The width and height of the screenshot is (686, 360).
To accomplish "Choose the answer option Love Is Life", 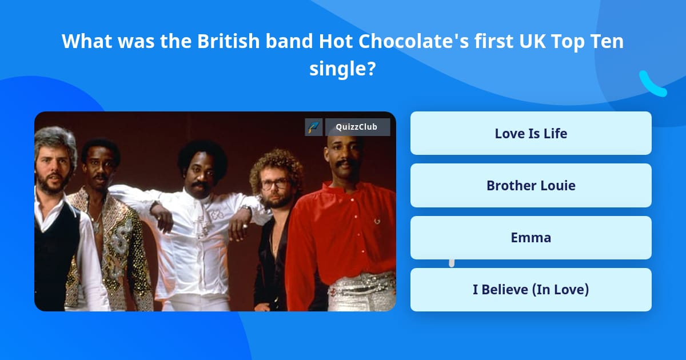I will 531,134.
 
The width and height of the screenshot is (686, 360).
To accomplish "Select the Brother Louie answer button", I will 531,186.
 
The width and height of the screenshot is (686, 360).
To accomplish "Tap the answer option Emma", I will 531,238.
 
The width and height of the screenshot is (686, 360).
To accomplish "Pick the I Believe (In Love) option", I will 531,290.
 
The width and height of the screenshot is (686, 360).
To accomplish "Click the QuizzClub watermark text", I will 357,127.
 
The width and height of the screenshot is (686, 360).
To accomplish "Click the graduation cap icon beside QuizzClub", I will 314,127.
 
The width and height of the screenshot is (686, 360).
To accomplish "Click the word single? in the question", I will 342,69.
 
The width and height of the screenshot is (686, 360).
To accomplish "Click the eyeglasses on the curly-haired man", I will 276,184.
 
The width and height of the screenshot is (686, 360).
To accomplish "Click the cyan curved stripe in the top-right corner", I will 652,85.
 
